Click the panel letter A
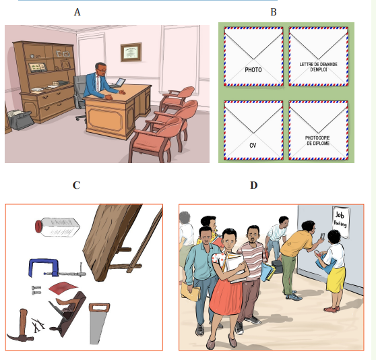[77, 12]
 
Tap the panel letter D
[254, 185]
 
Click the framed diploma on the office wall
[131, 52]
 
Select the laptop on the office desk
[118, 83]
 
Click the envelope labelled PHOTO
[253, 57]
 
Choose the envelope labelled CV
[253, 130]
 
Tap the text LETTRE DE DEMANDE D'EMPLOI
[319, 67]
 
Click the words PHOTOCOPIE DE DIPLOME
[317, 140]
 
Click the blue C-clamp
[57, 268]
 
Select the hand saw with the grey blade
[98, 324]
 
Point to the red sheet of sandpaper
[63, 288]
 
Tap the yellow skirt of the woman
[336, 280]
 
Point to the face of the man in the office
[102, 69]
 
